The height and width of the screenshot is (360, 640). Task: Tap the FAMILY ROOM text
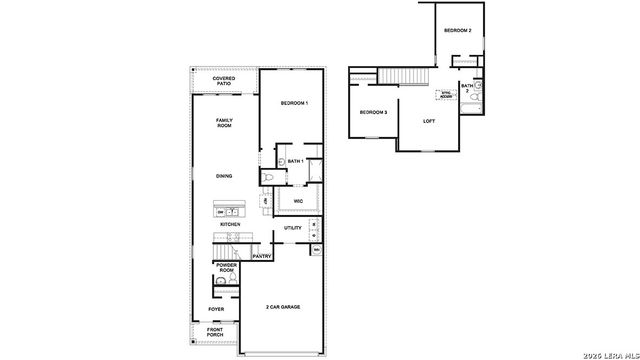pos(224,123)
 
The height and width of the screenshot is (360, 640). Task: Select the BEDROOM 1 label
pos(294,104)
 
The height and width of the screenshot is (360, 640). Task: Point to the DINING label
pos(224,176)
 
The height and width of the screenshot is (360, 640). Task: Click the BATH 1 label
pos(295,161)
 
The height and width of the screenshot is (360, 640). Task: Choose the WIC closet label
pos(298,201)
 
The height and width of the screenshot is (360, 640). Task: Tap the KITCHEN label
pos(230,225)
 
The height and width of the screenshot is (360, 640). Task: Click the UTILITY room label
pos(293,228)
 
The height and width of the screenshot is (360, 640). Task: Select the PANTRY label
pos(262,256)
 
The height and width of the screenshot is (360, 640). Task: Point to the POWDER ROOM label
pos(227,268)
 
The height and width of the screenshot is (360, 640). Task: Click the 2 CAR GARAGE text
pos(283,306)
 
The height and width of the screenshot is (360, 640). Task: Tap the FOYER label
pos(216,309)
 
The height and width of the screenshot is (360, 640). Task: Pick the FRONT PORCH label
pos(216,332)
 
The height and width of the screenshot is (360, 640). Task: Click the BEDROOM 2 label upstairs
pos(457,31)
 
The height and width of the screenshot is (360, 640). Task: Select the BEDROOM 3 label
pos(373,112)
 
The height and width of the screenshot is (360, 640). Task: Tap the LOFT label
pos(429,121)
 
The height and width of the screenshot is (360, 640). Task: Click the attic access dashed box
pos(446,95)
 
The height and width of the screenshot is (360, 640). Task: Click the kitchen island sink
pos(231,212)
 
